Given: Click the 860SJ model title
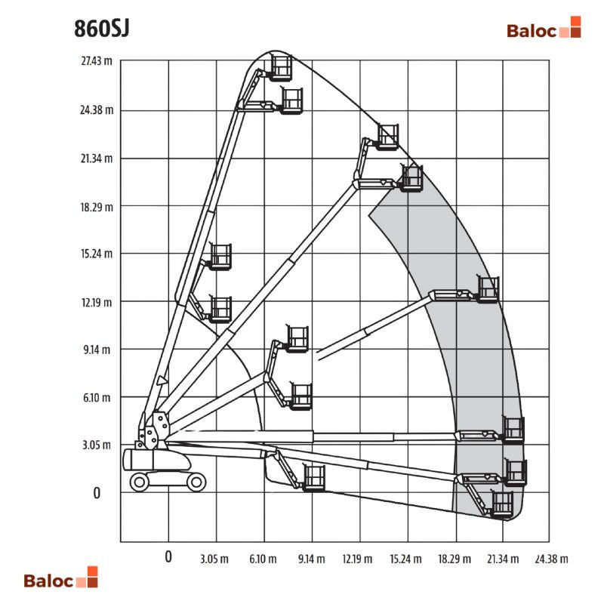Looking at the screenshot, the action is pos(102,28).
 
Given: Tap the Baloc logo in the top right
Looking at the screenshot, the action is pos(544,27).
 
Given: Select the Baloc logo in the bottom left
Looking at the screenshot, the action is pos(61,577).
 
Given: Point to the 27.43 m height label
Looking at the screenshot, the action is pos(97,61).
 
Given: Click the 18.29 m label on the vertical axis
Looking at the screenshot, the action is pos(97,207).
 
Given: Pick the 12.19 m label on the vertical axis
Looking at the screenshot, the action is pos(97,303).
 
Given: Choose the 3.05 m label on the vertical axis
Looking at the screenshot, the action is pos(97,445).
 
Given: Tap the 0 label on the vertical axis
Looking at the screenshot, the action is pos(97,493).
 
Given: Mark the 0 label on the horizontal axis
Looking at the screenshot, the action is pos(168,556).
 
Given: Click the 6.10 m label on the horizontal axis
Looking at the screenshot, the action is pos(263,559).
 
